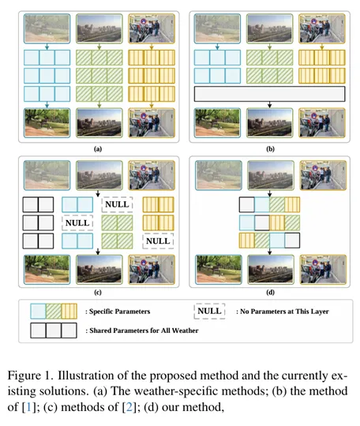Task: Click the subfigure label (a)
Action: pyautogui.click(x=98, y=149)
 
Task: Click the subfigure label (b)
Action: pyautogui.click(x=270, y=149)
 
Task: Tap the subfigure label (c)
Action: pyautogui.click(x=98, y=293)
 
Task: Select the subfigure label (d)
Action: pyautogui.click(x=270, y=293)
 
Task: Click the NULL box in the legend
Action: pyautogui.click(x=209, y=311)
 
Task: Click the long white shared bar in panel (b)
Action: pyautogui.click(x=269, y=94)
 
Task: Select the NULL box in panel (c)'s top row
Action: pyautogui.click(x=117, y=204)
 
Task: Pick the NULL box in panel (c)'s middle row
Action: pyautogui.click(x=77, y=222)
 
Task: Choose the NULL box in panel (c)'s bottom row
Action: pyautogui.click(x=158, y=241)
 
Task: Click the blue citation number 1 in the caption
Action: pyautogui.click(x=28, y=407)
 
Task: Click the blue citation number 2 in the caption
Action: pyautogui.click(x=129, y=407)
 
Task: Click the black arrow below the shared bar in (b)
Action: pyautogui.click(x=269, y=105)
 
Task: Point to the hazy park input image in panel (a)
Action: pyautogui.click(x=47, y=28)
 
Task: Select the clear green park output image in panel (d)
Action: pyautogui.click(x=219, y=270)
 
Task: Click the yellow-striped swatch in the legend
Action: pyautogui.click(x=69, y=312)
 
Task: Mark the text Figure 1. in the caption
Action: pyautogui.click(x=30, y=376)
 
